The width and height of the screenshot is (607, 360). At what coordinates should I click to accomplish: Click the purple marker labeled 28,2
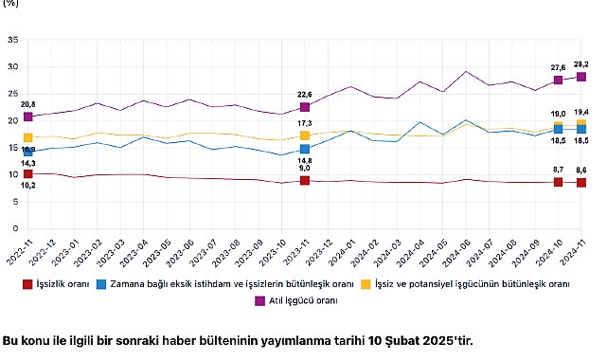coord(581,77)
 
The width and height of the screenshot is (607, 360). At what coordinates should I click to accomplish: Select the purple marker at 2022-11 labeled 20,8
coord(28,117)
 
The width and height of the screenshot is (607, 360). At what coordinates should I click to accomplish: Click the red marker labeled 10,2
coord(28,173)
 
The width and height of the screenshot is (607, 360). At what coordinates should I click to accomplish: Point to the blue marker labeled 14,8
coord(305,149)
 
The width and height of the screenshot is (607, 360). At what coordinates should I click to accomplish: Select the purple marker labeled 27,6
coord(559,80)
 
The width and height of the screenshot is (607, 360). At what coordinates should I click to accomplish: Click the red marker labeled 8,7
coord(559,181)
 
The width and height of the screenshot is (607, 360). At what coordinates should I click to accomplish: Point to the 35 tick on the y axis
coord(11,40)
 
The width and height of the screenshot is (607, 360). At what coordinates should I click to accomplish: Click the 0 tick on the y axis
coord(14,228)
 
